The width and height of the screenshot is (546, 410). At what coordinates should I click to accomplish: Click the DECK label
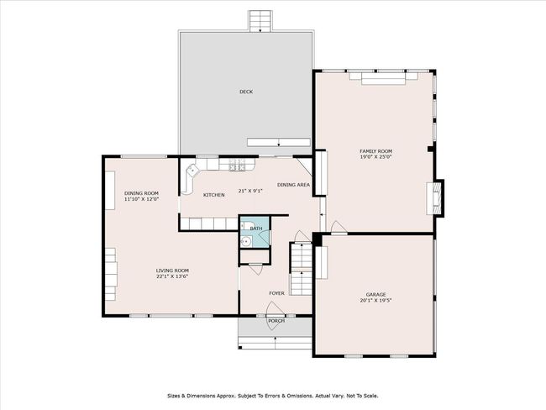click(x=246, y=92)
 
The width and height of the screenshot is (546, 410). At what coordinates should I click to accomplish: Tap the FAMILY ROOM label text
click(x=375, y=151)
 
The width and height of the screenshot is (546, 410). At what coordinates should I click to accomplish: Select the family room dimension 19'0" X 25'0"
click(x=375, y=157)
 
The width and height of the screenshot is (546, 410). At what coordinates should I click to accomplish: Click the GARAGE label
click(x=375, y=294)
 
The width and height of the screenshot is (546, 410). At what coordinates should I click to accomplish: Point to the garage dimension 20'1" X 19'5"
click(x=375, y=300)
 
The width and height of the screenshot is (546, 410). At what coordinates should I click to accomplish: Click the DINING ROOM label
click(x=141, y=193)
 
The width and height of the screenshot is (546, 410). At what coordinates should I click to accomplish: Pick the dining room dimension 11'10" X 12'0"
click(x=141, y=199)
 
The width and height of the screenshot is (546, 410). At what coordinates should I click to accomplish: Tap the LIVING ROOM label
click(x=172, y=271)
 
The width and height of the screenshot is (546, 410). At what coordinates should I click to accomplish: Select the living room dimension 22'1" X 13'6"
click(x=172, y=276)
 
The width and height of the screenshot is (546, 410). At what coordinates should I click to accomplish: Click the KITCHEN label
click(x=214, y=195)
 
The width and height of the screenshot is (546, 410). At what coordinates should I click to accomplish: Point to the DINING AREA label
click(x=293, y=185)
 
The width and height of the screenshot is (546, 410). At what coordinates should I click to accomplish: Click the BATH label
click(x=256, y=229)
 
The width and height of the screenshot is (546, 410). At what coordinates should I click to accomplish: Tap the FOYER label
click(x=276, y=293)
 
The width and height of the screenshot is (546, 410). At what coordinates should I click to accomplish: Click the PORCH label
click(x=276, y=320)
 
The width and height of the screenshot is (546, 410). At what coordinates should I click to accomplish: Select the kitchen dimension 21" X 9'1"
click(x=250, y=191)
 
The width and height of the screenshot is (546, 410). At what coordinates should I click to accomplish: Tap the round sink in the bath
click(x=246, y=241)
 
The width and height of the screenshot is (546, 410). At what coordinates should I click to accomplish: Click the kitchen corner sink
click(x=192, y=171)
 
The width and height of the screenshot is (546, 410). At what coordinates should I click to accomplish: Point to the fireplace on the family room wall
click(x=435, y=198)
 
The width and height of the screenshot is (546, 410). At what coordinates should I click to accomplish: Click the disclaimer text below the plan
click(x=273, y=396)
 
